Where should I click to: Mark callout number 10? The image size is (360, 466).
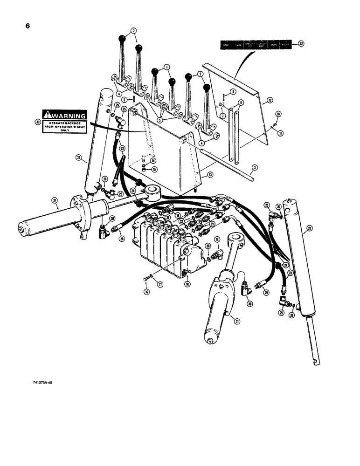pos(277,114)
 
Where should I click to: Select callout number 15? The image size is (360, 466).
pos(153,169)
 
